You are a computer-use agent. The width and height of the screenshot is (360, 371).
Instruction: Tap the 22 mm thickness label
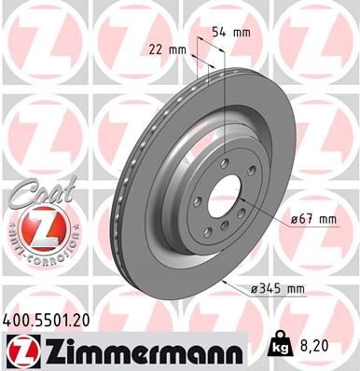pyautogui.click(x=163, y=48)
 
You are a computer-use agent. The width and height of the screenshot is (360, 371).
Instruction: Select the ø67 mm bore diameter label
pyautogui.click(x=313, y=219)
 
